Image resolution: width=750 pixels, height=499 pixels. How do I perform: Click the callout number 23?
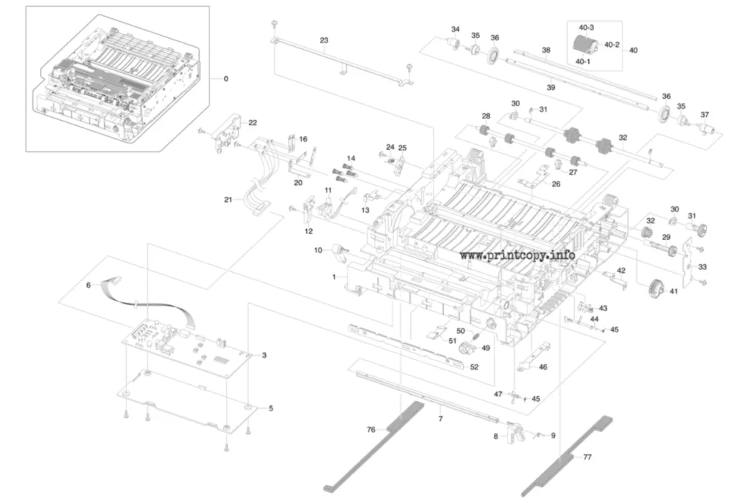(324, 40)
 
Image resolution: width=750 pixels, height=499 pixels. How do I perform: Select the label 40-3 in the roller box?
(586, 28)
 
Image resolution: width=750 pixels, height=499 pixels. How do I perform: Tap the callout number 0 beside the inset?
(226, 79)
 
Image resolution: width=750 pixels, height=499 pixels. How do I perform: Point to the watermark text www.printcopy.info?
(518, 255)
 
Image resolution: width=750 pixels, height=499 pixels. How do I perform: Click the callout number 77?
(587, 457)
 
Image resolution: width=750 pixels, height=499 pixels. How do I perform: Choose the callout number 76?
(371, 429)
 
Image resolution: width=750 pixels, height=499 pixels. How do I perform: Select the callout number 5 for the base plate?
(271, 408)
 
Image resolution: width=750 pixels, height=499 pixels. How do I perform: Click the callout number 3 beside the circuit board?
(264, 355)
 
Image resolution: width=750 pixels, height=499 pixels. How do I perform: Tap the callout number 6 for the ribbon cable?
(88, 285)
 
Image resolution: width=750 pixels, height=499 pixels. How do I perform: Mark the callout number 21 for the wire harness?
(229, 199)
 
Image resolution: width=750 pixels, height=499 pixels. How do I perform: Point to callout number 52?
(474, 367)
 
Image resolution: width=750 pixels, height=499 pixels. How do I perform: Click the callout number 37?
(705, 115)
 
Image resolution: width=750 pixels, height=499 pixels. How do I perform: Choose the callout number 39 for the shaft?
(551, 88)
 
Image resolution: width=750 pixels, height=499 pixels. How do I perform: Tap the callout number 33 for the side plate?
(702, 267)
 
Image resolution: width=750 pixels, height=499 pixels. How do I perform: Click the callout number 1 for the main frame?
(334, 277)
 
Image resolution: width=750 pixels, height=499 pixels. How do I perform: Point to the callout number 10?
(318, 250)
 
